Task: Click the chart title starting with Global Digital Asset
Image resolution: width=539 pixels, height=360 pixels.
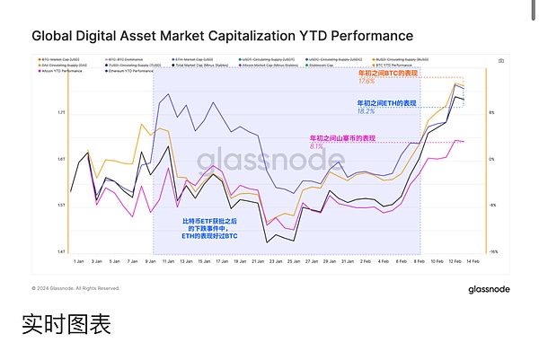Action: (222, 36)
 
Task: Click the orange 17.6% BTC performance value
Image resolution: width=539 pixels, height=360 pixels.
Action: (367, 81)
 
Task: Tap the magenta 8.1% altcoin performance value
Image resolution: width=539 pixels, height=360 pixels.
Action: (316, 145)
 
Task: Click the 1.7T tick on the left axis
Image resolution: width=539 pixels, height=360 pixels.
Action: (60, 112)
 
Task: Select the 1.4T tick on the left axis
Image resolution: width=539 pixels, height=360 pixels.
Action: (60, 252)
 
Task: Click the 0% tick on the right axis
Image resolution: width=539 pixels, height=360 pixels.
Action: (492, 159)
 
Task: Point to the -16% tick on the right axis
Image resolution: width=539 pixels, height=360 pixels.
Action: (493, 252)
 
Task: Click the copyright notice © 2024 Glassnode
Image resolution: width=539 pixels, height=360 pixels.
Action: (75, 289)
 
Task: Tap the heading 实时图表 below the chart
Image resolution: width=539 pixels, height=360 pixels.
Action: (66, 324)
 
